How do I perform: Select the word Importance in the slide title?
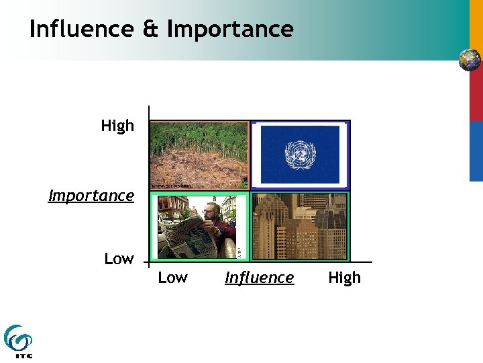tap(230, 29)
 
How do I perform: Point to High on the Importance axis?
tap(117, 126)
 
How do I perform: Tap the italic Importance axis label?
tap(91, 196)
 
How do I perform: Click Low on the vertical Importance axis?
tap(119, 259)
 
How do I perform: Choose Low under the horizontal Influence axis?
tap(172, 278)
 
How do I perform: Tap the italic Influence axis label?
tap(259, 278)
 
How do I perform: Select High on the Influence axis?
tap(344, 278)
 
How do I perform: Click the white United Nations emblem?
tap(300, 155)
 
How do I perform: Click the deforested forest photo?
tap(199, 153)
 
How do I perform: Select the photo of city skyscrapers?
tap(300, 226)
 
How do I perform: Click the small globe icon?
tap(470, 60)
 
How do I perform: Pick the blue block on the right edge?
tap(476, 151)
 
